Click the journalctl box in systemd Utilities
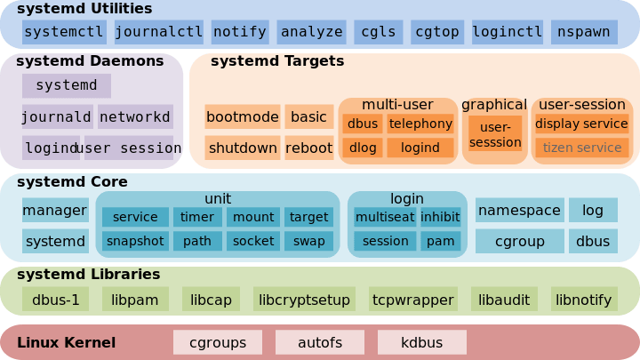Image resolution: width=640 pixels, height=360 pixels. [x=159, y=32]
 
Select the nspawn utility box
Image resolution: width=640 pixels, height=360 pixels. [x=584, y=32]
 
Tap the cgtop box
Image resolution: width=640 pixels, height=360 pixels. [x=436, y=32]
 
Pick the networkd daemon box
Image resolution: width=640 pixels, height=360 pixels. [x=135, y=116]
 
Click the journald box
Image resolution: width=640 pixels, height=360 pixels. [x=57, y=116]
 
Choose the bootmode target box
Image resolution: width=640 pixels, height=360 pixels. [x=242, y=116]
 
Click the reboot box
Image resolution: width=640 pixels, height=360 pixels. [x=308, y=148]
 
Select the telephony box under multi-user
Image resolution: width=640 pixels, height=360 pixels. [x=420, y=124]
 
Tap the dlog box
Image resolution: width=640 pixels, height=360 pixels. [x=362, y=148]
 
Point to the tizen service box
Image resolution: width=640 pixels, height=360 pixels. [x=581, y=148]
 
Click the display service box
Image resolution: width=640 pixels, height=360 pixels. [x=581, y=124]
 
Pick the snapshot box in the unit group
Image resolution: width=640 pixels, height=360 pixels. [x=135, y=241]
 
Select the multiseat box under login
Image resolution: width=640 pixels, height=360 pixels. [x=384, y=217]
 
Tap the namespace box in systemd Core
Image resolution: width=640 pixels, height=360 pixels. [x=519, y=211]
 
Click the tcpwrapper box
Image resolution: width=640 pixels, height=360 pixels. [x=412, y=300]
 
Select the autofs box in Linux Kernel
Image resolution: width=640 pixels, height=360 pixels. [x=319, y=342]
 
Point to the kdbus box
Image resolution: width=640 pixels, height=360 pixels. [x=421, y=342]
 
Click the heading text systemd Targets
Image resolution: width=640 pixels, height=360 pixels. [x=276, y=61]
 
